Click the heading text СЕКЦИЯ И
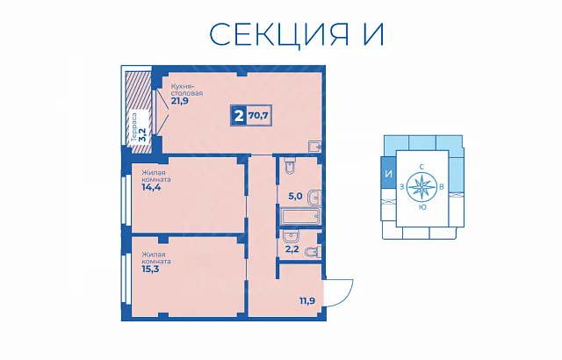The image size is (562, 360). click(297, 35)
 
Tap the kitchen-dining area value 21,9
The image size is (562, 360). click(179, 101)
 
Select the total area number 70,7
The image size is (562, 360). click(259, 115)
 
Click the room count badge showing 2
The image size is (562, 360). click(239, 115)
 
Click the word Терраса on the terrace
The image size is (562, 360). click(133, 128)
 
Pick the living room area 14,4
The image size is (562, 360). click(151, 187)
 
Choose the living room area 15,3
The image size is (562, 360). click(150, 269)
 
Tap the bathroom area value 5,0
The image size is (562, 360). click(296, 196)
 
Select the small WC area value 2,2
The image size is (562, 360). click(292, 249)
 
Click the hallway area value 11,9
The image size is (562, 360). click(307, 300)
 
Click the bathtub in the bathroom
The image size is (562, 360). click(300, 217)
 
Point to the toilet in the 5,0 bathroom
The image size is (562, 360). click(289, 166)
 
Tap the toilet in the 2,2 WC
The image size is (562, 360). click(313, 251)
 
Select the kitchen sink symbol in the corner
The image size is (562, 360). click(315, 147)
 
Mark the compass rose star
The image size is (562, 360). click(421, 187)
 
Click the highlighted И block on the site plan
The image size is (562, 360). click(388, 175)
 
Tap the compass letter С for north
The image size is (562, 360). click(421, 167)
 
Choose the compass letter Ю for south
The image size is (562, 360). click(422, 207)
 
